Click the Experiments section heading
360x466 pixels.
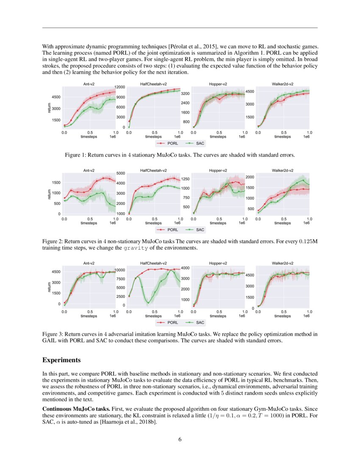pyautogui.click(x=61, y=360)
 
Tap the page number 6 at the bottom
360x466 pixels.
pyautogui.click(x=180, y=439)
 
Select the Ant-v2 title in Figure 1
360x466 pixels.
pyautogui.click(x=89, y=84)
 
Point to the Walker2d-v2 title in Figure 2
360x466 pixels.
pyautogui.click(x=282, y=171)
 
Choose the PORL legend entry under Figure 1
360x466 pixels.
pyautogui.click(x=169, y=143)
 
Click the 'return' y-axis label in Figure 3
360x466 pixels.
pyautogui.click(x=50, y=286)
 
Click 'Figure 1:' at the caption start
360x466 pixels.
pyautogui.click(x=75, y=155)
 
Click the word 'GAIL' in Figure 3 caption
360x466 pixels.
pyautogui.click(x=49, y=341)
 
